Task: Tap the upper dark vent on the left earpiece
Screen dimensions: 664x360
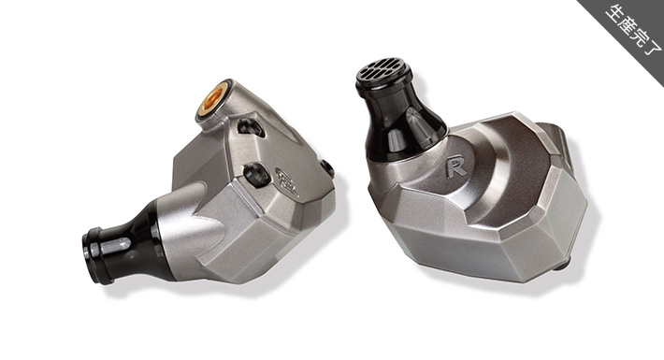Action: click(252, 127)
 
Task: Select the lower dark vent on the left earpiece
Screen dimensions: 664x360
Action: click(257, 174)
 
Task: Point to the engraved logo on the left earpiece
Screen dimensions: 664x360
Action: click(287, 182)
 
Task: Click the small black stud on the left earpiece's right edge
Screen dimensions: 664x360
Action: click(327, 168)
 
